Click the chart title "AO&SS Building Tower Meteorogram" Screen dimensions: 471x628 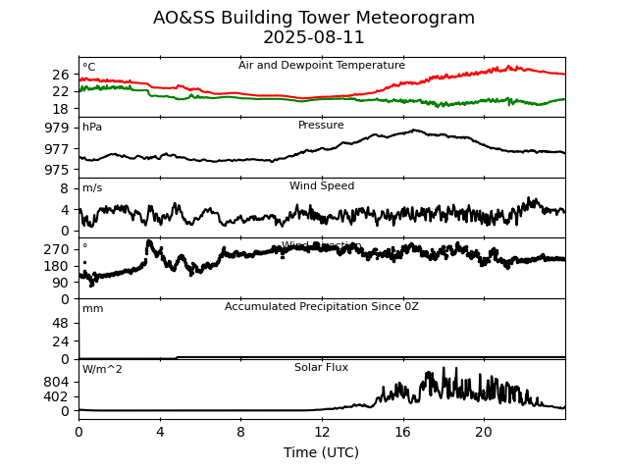(314, 18)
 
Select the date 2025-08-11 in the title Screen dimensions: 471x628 (314, 37)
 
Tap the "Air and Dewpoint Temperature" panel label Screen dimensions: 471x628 (321, 66)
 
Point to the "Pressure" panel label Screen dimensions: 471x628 (321, 126)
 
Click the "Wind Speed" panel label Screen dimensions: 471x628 (321, 186)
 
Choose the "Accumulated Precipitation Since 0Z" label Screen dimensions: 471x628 (321, 307)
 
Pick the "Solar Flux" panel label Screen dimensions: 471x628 (321, 368)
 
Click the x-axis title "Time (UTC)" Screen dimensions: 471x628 (321, 452)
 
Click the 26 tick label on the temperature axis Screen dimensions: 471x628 (61, 75)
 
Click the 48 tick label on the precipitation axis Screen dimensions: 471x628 (61, 323)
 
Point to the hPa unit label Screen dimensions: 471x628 (92, 128)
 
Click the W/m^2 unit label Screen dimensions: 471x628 (102, 370)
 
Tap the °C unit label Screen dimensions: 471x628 (89, 68)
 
